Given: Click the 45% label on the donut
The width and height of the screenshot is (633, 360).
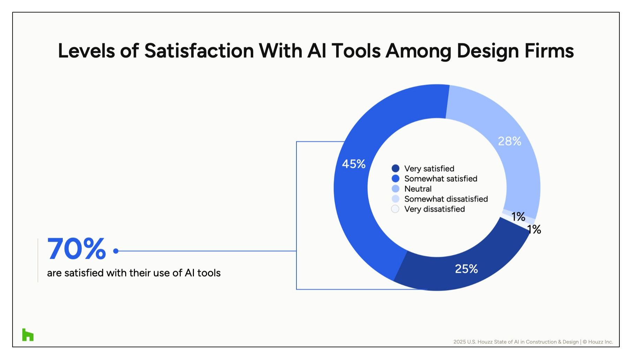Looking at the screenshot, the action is pyautogui.click(x=354, y=164).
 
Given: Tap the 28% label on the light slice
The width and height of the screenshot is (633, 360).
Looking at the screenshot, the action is pyautogui.click(x=510, y=141).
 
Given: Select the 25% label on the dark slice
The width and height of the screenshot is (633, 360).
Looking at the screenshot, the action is pyautogui.click(x=466, y=269).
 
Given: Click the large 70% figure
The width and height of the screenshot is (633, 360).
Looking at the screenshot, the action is pyautogui.click(x=77, y=249).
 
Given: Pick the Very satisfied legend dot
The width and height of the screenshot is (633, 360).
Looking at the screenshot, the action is pyautogui.click(x=395, y=168).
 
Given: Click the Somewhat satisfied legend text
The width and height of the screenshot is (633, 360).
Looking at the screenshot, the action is pyautogui.click(x=441, y=179).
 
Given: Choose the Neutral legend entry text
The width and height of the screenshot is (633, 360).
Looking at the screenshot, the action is pyautogui.click(x=418, y=189).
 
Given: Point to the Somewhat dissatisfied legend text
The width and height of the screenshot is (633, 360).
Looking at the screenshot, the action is pyautogui.click(x=446, y=199).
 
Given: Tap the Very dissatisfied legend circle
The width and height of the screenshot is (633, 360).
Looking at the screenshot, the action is pyautogui.click(x=395, y=209).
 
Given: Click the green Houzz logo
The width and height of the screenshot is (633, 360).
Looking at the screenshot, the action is pyautogui.click(x=28, y=335).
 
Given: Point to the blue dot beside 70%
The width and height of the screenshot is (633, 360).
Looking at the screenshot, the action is pyautogui.click(x=116, y=251).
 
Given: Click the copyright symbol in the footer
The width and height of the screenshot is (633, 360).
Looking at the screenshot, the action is pyautogui.click(x=585, y=342).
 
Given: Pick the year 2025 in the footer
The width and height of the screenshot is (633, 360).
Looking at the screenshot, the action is pyautogui.click(x=459, y=342).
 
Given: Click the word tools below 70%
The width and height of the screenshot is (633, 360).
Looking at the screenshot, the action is pyautogui.click(x=209, y=273).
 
